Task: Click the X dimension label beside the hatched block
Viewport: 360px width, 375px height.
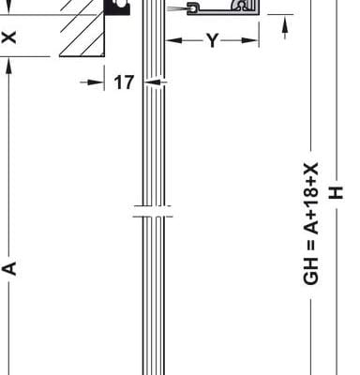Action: (9, 37)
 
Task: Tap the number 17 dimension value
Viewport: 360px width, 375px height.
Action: (124, 82)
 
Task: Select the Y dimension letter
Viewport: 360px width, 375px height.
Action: (212, 40)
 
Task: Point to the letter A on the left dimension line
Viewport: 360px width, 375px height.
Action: (9, 268)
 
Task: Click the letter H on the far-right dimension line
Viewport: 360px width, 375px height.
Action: (337, 193)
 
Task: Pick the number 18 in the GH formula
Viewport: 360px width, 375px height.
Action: (311, 204)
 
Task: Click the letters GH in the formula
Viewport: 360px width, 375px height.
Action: (311, 272)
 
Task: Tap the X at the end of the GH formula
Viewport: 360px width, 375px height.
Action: (311, 170)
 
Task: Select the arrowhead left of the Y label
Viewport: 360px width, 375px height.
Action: (173, 40)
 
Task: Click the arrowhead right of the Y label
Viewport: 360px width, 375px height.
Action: (250, 40)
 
